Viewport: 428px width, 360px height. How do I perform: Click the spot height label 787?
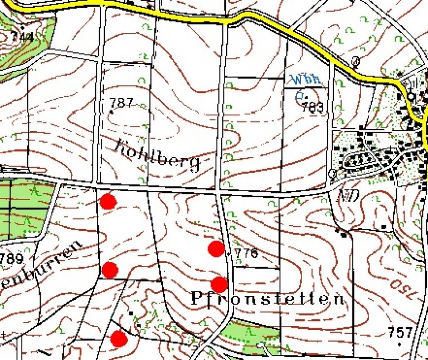(121, 103)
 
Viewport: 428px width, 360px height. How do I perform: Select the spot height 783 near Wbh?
(313, 108)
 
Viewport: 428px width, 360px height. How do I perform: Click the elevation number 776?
(246, 254)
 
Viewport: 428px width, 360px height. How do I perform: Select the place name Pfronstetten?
(267, 299)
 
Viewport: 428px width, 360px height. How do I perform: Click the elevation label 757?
(401, 333)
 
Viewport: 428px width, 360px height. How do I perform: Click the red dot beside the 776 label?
(216, 249)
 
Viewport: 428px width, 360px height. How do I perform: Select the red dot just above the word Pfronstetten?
(220, 284)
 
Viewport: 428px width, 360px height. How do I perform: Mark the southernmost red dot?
(119, 338)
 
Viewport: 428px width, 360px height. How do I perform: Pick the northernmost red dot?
(108, 201)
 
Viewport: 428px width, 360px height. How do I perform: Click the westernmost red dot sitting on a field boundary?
(110, 270)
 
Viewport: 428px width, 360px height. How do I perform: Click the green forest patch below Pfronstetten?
(250, 333)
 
